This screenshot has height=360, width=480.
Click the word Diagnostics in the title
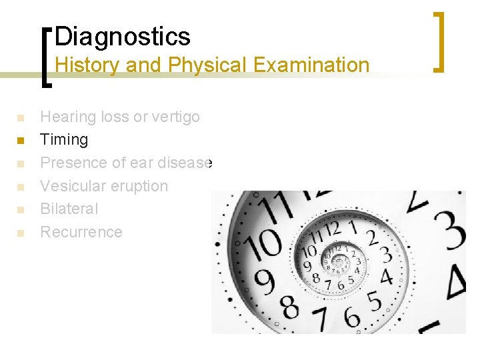coord(123,36)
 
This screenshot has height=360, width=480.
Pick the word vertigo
coord(175,117)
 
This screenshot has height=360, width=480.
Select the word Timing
coord(64,139)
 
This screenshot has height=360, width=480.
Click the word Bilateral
coord(69,209)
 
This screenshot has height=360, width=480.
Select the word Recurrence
coord(81,232)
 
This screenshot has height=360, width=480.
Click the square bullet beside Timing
coord(21,141)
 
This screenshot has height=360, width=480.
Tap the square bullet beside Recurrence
coord(21,233)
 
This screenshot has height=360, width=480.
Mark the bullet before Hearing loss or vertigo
coord(21,118)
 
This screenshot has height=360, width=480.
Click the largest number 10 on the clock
coord(265,243)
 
